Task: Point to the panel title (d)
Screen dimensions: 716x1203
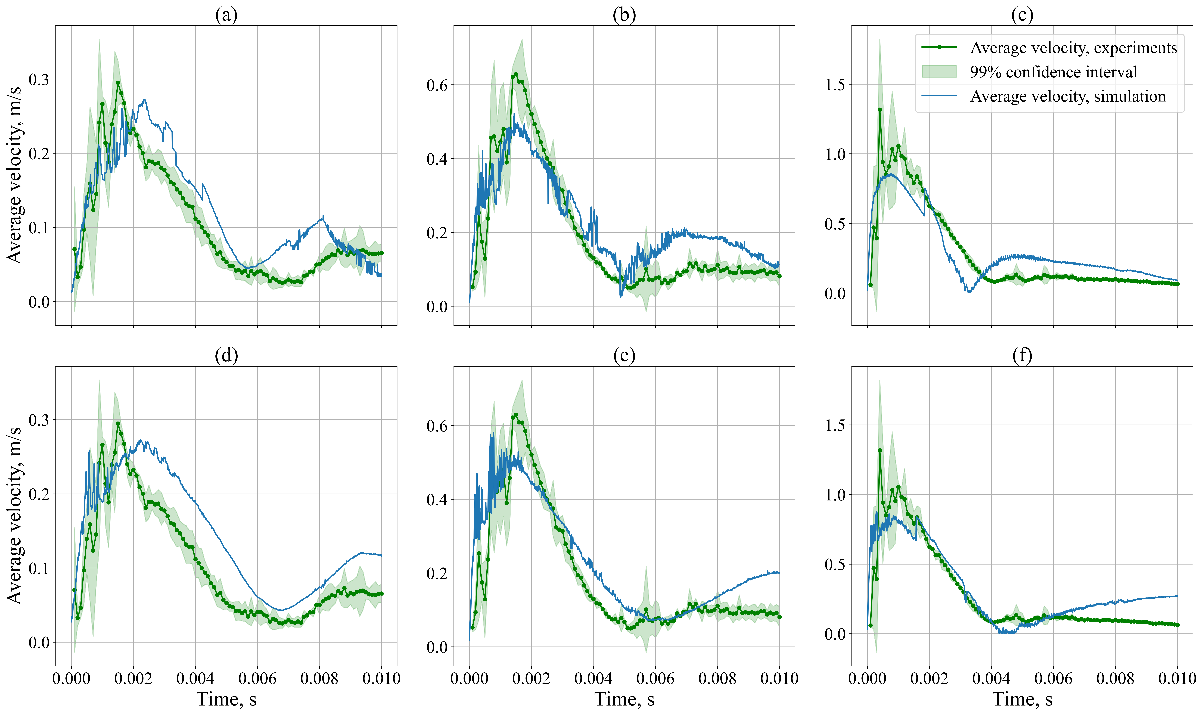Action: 226,356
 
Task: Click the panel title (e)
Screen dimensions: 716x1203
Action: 624,356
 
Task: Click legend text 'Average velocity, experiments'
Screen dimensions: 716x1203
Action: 1073,48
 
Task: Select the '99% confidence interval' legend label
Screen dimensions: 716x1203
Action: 1053,72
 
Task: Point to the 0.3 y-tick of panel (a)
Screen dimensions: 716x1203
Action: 39,79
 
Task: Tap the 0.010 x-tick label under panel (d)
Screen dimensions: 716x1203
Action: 381,679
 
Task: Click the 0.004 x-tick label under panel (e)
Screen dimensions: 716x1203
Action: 593,679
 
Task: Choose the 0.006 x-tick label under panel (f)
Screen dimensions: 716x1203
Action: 1053,679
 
